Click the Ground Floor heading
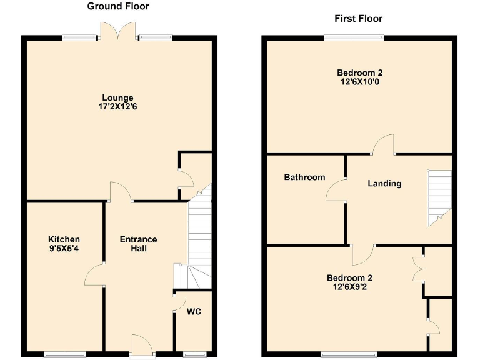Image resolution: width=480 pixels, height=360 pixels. pyautogui.click(x=118, y=7)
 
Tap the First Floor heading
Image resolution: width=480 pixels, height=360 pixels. pyautogui.click(x=358, y=19)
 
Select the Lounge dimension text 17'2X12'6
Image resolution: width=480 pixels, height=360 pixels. pyautogui.click(x=118, y=107)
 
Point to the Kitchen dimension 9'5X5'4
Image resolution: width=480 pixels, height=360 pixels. pyautogui.click(x=64, y=249)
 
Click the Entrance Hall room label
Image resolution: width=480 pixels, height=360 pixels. pyautogui.click(x=138, y=244)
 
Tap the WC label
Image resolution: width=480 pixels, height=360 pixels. pyautogui.click(x=194, y=311)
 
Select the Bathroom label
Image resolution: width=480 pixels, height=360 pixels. pyautogui.click(x=304, y=177)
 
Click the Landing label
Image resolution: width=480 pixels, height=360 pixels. pyautogui.click(x=384, y=184)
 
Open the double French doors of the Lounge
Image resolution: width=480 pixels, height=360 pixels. pyautogui.click(x=118, y=30)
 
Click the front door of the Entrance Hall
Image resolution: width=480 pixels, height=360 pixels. pyautogui.click(x=141, y=345)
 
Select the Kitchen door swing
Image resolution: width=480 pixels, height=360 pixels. pyautogui.click(x=95, y=274)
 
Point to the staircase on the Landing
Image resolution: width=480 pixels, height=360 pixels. pyautogui.click(x=439, y=197)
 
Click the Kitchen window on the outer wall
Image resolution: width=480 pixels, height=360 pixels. pyautogui.click(x=65, y=355)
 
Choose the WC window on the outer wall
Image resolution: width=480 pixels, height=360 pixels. pyautogui.click(x=194, y=355)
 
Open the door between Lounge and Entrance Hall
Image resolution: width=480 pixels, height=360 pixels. pyautogui.click(x=121, y=192)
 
